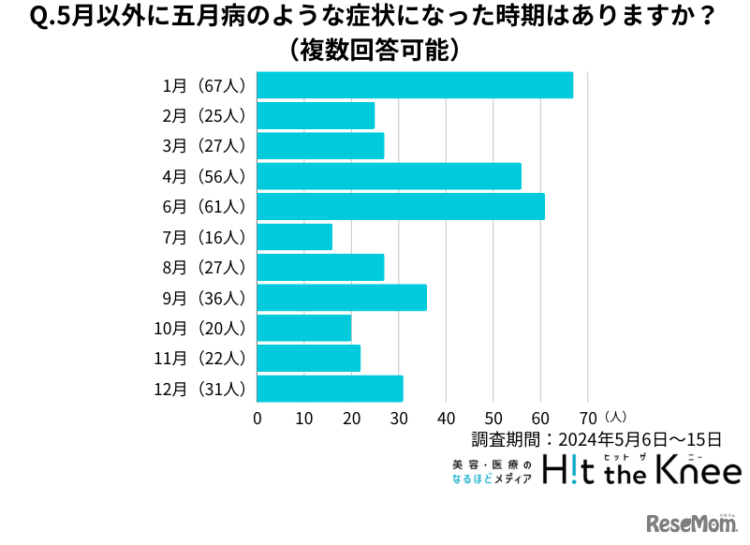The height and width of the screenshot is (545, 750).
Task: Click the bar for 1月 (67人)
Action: [414, 85]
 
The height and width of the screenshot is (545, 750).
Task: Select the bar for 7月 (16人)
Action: [294, 237]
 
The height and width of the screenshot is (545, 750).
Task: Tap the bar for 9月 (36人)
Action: [341, 298]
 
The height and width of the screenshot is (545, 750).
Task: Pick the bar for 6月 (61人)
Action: [400, 206]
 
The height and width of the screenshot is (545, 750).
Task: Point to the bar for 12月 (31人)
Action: [330, 389]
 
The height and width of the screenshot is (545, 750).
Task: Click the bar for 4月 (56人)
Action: [389, 176]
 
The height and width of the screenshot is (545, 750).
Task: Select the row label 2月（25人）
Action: [203, 116]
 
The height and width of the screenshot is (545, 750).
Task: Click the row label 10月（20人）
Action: [199, 329]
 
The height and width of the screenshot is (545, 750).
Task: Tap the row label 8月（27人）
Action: [203, 268]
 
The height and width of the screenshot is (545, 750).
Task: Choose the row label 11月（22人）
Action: [199, 359]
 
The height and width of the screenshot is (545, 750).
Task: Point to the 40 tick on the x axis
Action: [447, 418]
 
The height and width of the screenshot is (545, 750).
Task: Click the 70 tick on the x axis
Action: [588, 418]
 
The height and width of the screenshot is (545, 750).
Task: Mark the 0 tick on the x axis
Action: [257, 418]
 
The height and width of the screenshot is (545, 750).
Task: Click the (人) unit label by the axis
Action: [616, 415]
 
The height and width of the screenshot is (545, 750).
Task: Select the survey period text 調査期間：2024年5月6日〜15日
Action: [596, 438]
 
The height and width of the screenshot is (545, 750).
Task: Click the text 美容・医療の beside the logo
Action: [491, 464]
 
